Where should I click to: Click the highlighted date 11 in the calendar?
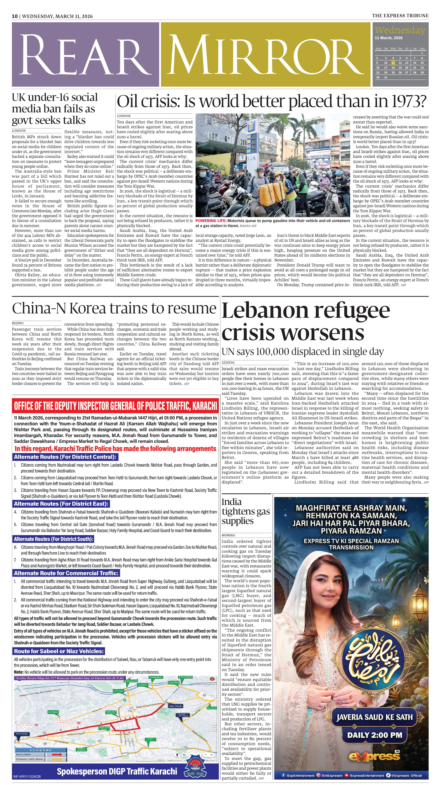(393, 63)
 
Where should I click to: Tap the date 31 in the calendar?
(386, 77)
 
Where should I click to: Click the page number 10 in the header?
(15, 16)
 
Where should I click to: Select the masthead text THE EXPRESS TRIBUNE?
(400, 16)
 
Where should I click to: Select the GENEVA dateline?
(228, 362)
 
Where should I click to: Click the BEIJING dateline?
(18, 323)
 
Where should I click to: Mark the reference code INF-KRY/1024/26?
(27, 776)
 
